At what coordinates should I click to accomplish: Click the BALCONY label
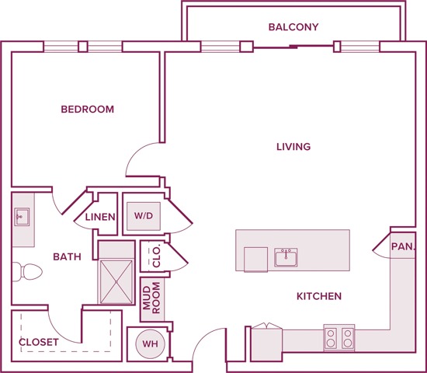[x=293, y=27]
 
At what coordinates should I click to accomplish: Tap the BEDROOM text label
[x=88, y=110]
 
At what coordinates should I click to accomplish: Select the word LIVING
[x=293, y=146]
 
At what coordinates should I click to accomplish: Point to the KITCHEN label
[x=319, y=296]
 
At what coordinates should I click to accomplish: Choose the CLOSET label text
[x=39, y=341]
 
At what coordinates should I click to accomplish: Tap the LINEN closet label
[x=100, y=218]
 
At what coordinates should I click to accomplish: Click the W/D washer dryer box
[x=143, y=215]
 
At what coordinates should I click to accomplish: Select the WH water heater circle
[x=148, y=343]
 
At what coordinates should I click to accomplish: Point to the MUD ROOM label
[x=151, y=298]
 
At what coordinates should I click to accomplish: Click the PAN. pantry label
[x=403, y=246]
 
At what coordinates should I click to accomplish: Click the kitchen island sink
[x=286, y=257]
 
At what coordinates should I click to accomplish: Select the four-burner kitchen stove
[x=338, y=337]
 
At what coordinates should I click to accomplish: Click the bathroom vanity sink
[x=22, y=218]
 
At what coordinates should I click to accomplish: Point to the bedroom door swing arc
[x=140, y=159]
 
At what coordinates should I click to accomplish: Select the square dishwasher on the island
[x=255, y=260]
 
